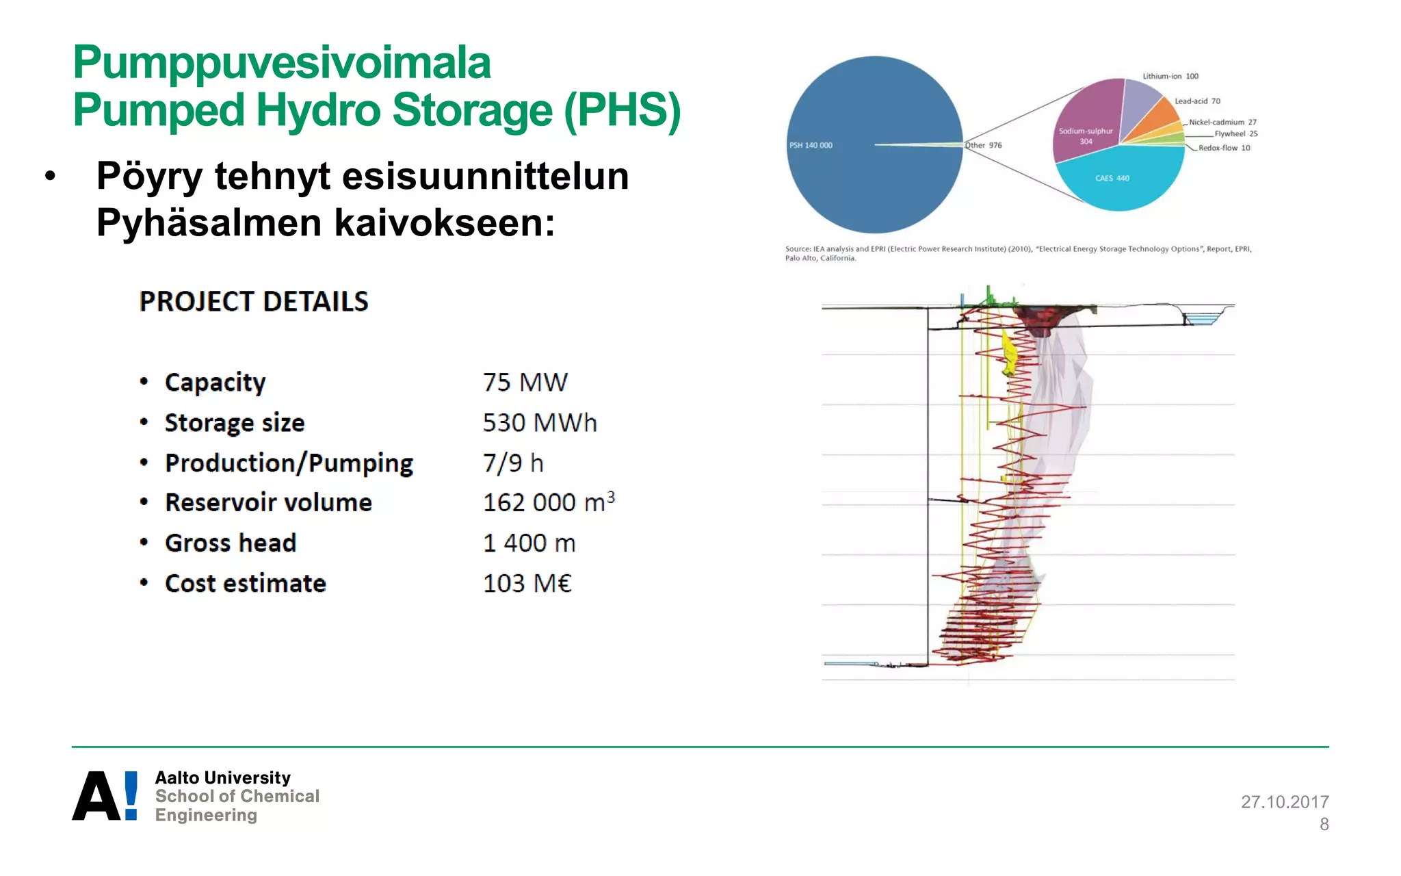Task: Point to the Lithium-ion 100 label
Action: coord(1170,76)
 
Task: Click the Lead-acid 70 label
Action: coord(1197,101)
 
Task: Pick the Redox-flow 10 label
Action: coord(1224,148)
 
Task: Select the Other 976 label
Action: coord(984,145)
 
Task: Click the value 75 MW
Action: coord(525,382)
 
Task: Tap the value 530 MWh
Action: coord(539,422)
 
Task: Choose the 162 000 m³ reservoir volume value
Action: coord(548,502)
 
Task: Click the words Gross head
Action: coord(231,543)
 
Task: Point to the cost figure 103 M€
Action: coord(527,583)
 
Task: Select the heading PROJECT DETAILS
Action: coord(254,302)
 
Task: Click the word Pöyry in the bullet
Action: coord(149,176)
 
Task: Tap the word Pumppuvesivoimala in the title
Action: coord(282,62)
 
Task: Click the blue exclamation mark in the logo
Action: coord(131,795)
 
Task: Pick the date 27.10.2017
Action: coord(1284,801)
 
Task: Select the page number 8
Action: coord(1324,824)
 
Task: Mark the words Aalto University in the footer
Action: coord(222,777)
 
